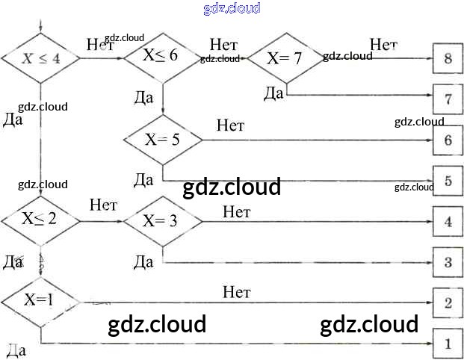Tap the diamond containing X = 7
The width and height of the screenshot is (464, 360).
click(284, 58)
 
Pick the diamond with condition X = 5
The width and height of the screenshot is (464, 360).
click(162, 139)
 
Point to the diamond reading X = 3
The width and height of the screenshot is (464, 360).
click(162, 220)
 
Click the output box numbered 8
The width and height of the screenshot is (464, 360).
click(448, 58)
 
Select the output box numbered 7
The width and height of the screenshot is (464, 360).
click(448, 99)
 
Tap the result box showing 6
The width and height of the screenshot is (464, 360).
click(448, 140)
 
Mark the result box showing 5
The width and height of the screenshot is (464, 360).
click(448, 181)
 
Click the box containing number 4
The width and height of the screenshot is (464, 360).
click(448, 222)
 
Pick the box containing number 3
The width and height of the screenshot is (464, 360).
click(448, 262)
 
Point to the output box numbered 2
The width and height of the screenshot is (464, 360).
click(448, 302)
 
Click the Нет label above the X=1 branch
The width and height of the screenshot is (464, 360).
click(236, 291)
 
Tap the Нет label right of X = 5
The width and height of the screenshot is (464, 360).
click(230, 125)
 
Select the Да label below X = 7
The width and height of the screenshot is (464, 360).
click(274, 93)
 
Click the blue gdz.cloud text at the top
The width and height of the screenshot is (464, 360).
click(232, 8)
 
